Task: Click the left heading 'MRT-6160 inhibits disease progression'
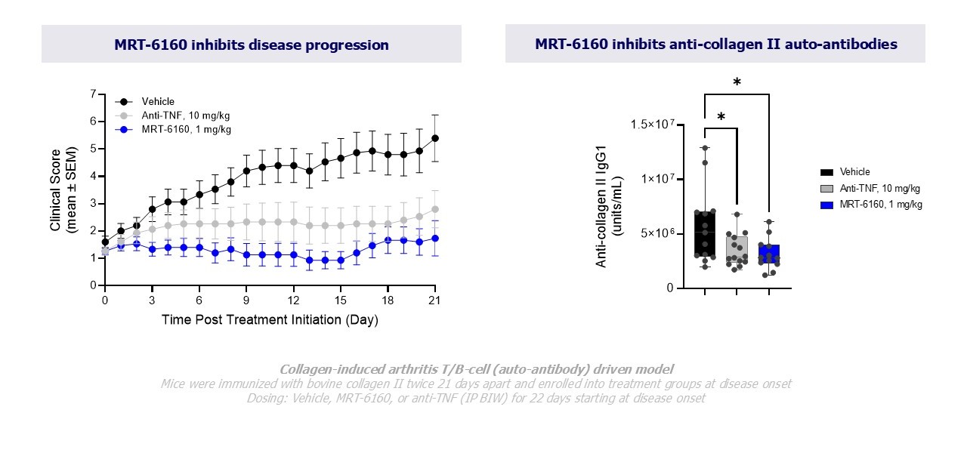tap(251, 45)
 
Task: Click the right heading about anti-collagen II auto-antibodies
tap(715, 44)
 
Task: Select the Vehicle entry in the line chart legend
tap(157, 102)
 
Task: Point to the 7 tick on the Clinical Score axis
tap(93, 94)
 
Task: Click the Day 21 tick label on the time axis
tap(434, 300)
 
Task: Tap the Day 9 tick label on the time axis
tap(246, 300)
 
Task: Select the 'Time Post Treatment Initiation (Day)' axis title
tap(270, 320)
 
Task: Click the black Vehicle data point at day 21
tap(435, 138)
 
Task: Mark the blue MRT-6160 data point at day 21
tap(435, 238)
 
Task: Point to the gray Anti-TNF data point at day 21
tap(435, 209)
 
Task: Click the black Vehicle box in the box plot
tap(704, 234)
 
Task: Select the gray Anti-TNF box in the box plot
tap(737, 247)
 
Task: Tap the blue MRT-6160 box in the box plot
tap(768, 253)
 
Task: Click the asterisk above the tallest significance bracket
tap(737, 82)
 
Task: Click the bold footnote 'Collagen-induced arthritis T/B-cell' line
tap(476, 369)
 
